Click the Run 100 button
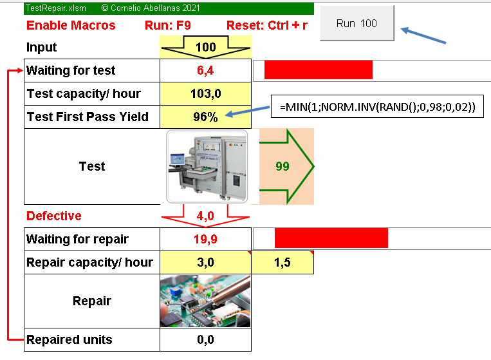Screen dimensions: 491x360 [357, 24]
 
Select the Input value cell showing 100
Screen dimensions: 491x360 [205, 47]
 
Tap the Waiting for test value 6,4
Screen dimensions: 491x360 [205, 70]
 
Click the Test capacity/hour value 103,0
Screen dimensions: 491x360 [205, 93]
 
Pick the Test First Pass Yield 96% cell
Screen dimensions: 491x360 [205, 117]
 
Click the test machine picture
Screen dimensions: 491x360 [207, 166]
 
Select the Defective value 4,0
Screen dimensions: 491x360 [205, 216]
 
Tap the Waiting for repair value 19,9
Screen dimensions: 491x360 [205, 239]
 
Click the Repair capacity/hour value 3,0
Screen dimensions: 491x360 [205, 262]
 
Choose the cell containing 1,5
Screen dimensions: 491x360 [283, 262]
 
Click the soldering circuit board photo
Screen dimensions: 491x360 [205, 301]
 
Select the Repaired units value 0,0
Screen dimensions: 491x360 [205, 339]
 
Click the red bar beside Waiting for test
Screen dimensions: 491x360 [318, 70]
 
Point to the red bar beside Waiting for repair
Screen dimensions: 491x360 [331, 238]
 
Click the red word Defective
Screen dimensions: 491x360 [54, 216]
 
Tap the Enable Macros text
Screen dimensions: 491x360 [71, 26]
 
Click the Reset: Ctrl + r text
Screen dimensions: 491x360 [267, 26]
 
